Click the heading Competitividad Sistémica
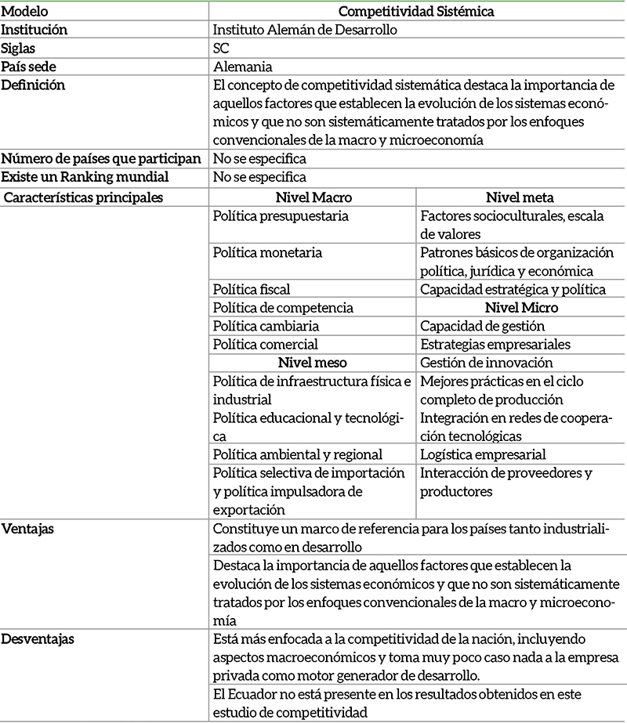(x=415, y=11)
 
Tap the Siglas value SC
(x=221, y=48)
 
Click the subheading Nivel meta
(x=520, y=197)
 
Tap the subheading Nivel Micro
(x=520, y=308)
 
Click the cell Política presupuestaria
(x=281, y=215)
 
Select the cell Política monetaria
(x=267, y=253)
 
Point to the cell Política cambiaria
(x=266, y=326)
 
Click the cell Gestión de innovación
(x=486, y=363)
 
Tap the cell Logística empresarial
(x=483, y=454)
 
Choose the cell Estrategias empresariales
(x=494, y=344)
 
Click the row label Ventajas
(x=26, y=530)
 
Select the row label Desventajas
(x=37, y=639)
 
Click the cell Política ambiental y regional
(x=297, y=454)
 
